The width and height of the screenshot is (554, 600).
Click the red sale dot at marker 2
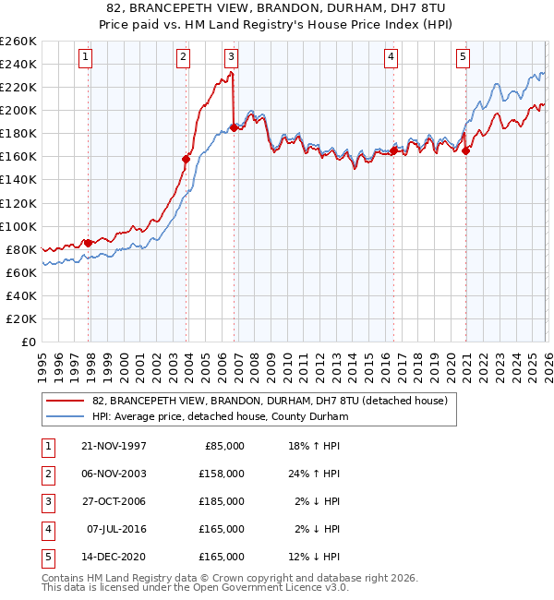(186, 159)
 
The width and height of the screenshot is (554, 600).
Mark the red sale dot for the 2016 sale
(393, 150)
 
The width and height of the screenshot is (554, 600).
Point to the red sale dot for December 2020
(465, 150)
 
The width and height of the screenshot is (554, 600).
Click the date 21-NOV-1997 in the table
(114, 446)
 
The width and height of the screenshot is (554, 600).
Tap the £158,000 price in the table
(222, 474)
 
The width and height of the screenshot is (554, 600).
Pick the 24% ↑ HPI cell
(313, 474)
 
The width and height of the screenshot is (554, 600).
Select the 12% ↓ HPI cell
(313, 557)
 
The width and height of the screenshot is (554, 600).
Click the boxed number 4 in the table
(46, 529)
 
